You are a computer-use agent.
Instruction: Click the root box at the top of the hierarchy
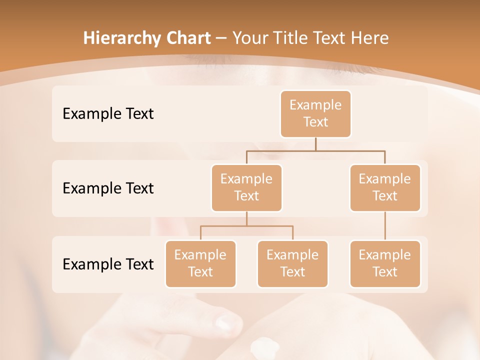(315, 113)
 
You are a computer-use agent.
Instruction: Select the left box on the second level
(246, 187)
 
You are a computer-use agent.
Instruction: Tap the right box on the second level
(385, 187)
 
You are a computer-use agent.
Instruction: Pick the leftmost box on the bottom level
(200, 263)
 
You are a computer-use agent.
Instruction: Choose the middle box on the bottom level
(292, 263)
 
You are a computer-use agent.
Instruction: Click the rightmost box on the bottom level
(385, 263)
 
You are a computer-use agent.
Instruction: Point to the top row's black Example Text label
(108, 114)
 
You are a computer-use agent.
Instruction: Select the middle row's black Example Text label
(108, 188)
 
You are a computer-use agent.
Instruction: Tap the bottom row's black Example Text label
(108, 264)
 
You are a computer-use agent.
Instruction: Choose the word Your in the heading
(248, 38)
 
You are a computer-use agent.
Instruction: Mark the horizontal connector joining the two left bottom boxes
(246, 226)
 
